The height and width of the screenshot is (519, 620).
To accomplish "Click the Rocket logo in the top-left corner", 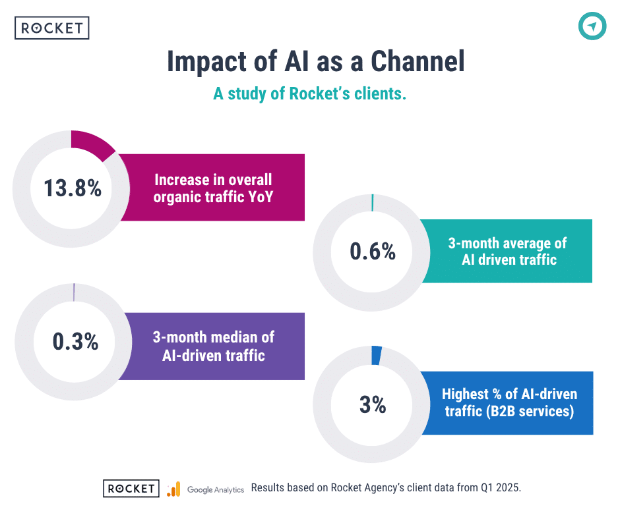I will pyautogui.click(x=51, y=28).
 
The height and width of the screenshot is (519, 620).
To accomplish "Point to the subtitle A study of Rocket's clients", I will pyautogui.click(x=309, y=94).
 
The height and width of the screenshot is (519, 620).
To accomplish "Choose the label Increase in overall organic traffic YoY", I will pyautogui.click(x=213, y=187).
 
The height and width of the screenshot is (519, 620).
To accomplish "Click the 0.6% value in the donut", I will pyautogui.click(x=373, y=251).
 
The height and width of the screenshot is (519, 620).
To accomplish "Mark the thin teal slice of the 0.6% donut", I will pyautogui.click(x=373, y=202).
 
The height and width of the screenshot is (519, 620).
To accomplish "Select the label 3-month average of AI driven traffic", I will pyautogui.click(x=507, y=251).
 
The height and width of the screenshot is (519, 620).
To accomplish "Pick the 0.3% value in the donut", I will pyautogui.click(x=75, y=341).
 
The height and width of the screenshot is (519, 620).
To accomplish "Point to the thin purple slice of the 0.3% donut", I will pyautogui.click(x=74, y=292).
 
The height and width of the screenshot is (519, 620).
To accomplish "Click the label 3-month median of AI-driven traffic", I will pyautogui.click(x=213, y=346).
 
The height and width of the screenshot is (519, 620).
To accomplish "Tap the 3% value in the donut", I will pyautogui.click(x=373, y=404).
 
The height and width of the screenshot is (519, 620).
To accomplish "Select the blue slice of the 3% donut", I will pyautogui.click(x=377, y=355).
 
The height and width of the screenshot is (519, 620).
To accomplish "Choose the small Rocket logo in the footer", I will pyautogui.click(x=131, y=488).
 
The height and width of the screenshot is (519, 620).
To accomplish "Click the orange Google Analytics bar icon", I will pyautogui.click(x=173, y=489).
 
